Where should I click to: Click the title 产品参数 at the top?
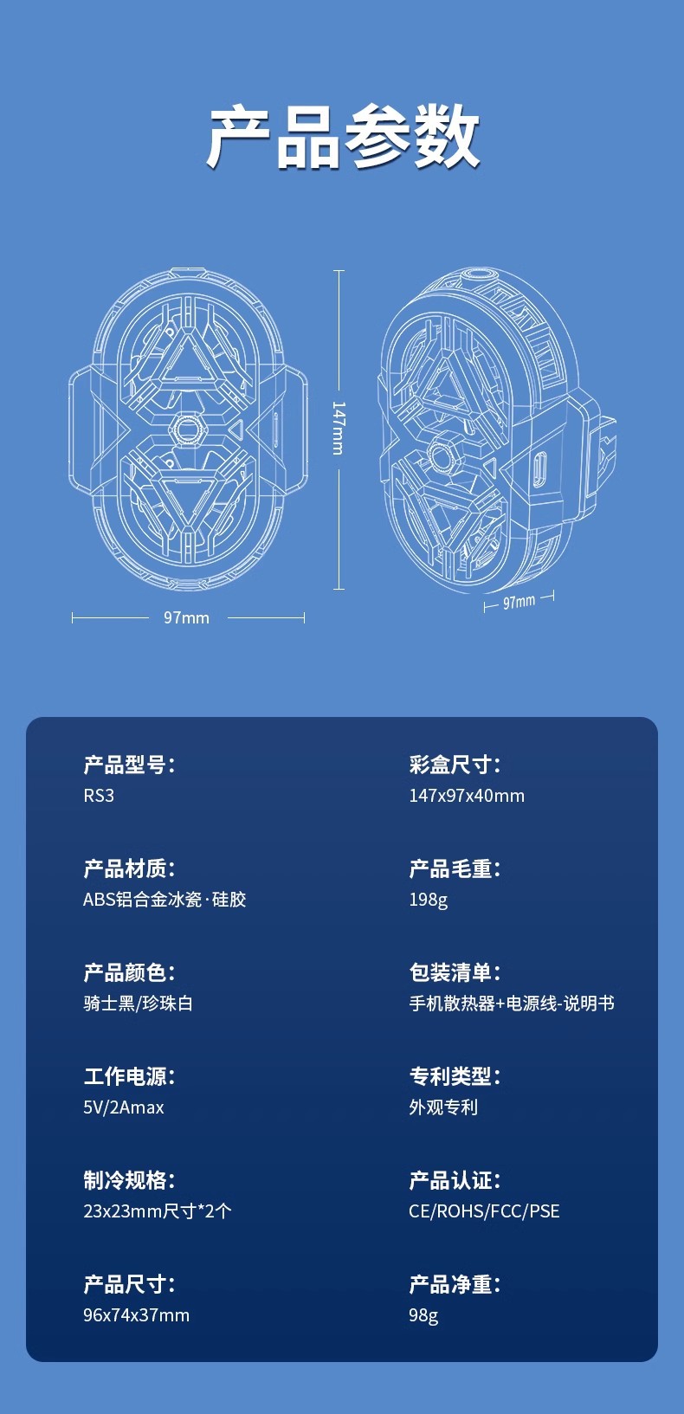point(342,137)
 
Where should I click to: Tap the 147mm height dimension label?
point(339,428)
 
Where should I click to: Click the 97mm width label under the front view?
point(186,617)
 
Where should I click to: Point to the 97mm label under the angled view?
point(519,601)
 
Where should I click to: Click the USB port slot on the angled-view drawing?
point(539,468)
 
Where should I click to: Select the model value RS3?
point(99,796)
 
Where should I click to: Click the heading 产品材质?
point(129,868)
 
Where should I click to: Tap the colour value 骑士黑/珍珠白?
point(138,1004)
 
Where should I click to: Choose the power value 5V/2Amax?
point(124,1107)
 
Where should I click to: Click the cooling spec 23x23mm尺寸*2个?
point(158,1211)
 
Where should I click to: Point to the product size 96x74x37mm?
point(136,1315)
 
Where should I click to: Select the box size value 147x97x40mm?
point(467,796)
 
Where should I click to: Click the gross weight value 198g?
point(428,900)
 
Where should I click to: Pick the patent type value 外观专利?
point(443,1107)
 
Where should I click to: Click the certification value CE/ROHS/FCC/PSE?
point(484,1211)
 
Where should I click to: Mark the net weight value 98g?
point(423,1315)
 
